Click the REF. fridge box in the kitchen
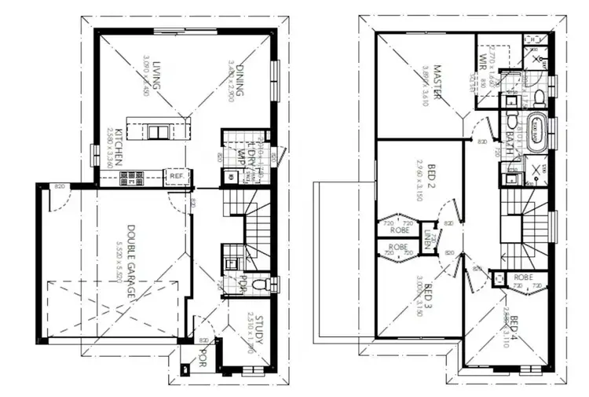[x=177, y=177]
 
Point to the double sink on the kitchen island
[x=158, y=131]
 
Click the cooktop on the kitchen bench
[x=133, y=178]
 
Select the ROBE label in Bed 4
[x=524, y=278]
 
